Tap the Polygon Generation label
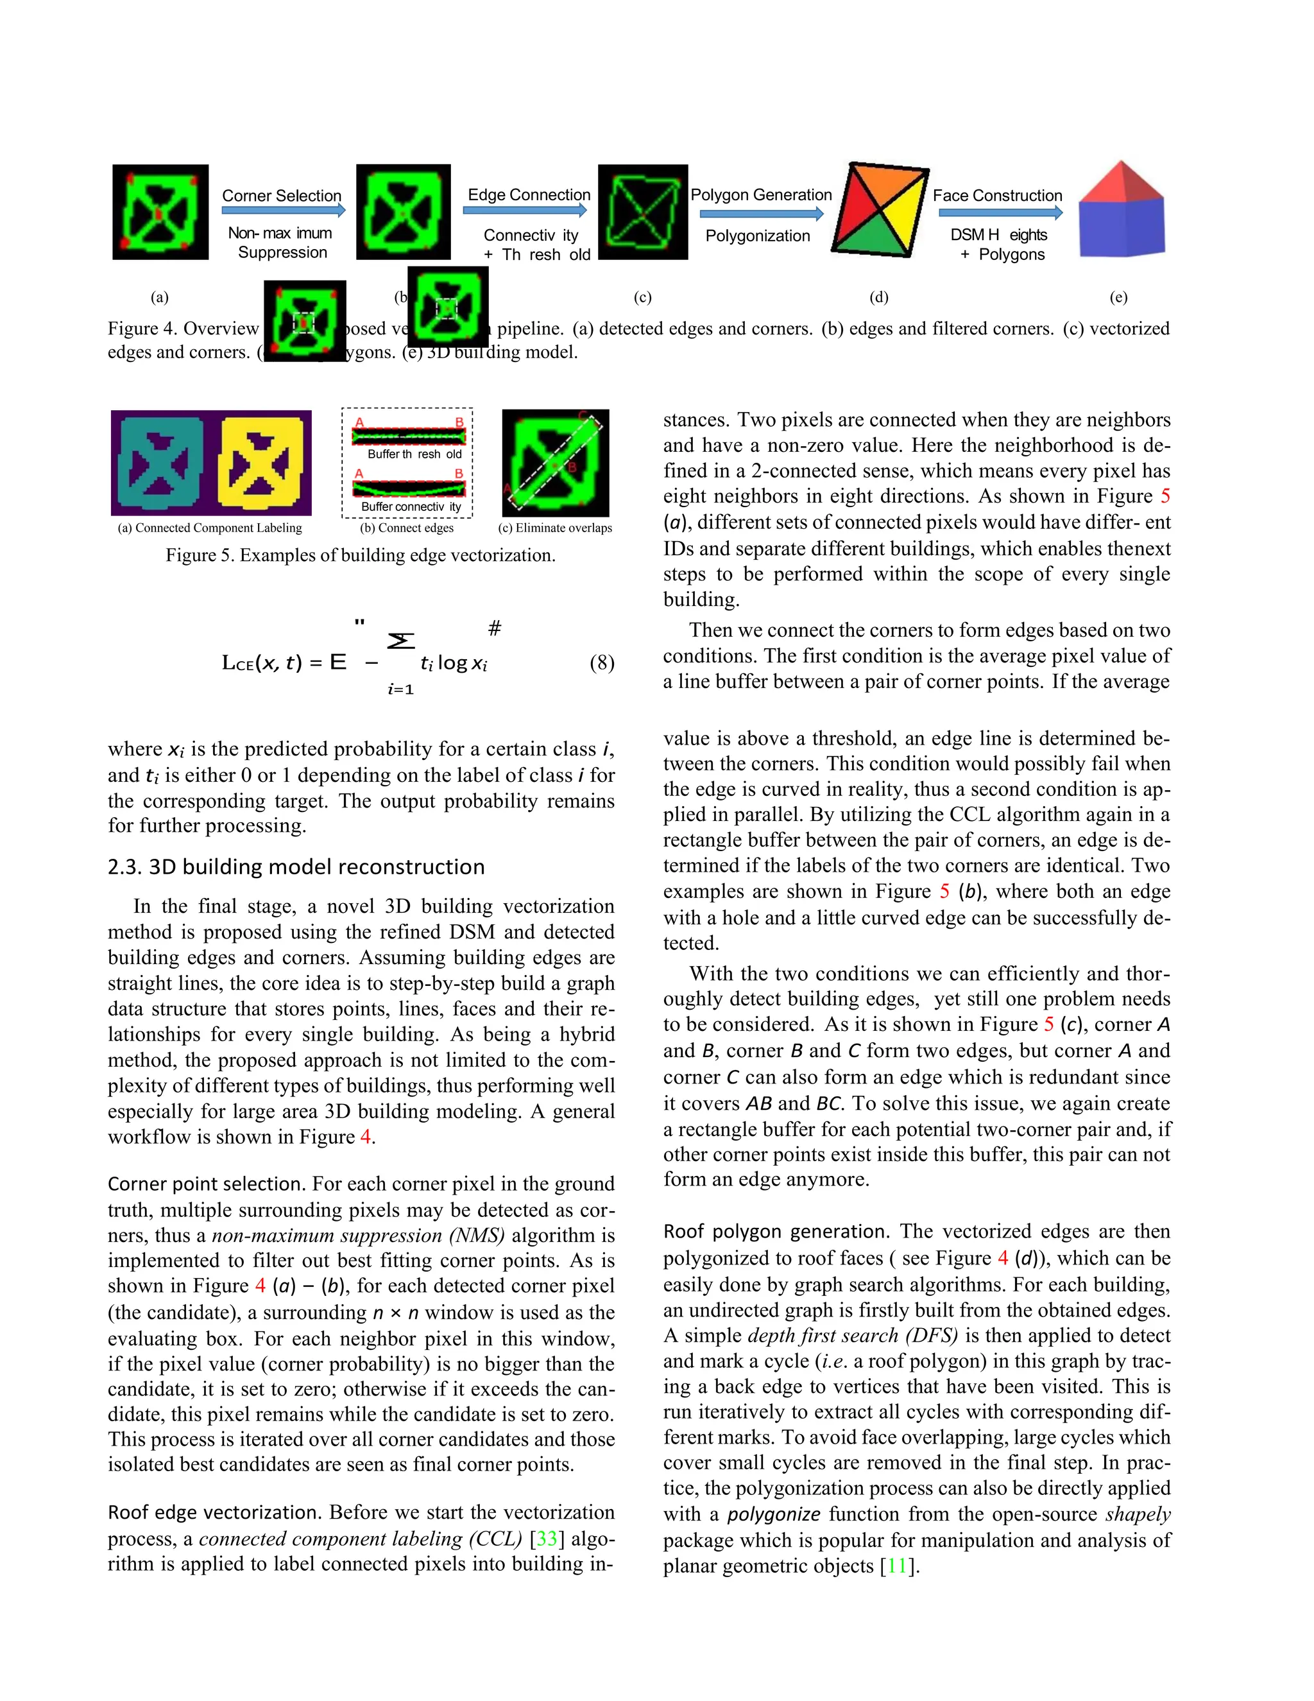coord(760,194)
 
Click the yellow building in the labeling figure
coord(260,463)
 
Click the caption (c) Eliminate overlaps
coord(554,528)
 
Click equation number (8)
coord(602,663)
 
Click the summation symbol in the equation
coord(401,641)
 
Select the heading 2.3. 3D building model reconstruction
coord(296,867)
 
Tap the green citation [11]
coord(899,1566)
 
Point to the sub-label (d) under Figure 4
coord(878,297)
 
